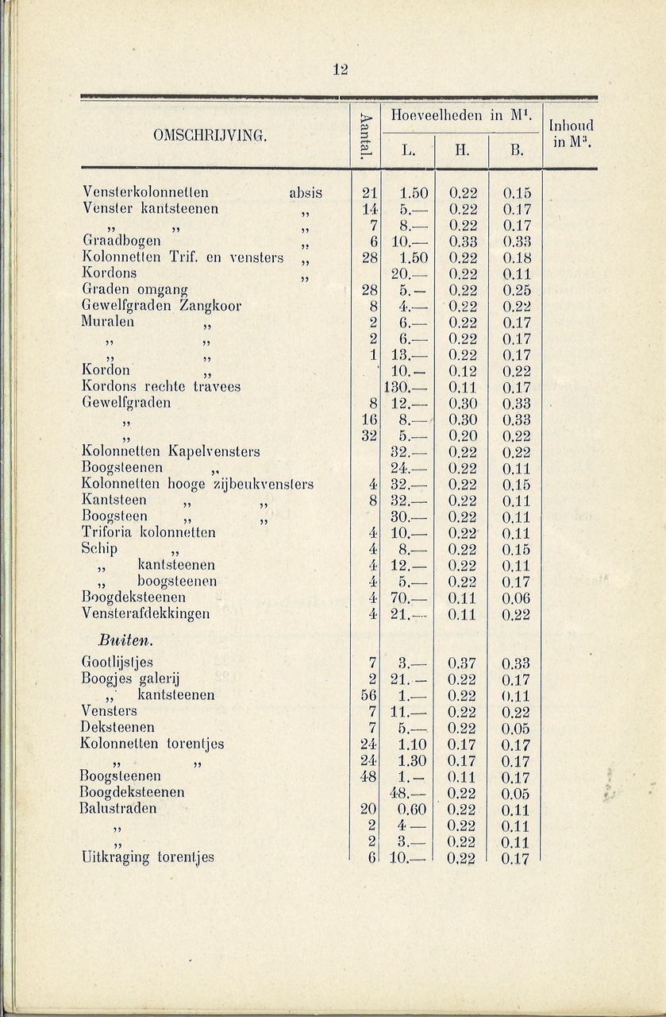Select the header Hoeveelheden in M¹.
click(x=461, y=115)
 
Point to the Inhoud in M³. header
click(x=571, y=133)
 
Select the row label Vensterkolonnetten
click(x=146, y=192)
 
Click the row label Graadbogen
click(x=121, y=241)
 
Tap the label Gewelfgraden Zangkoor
click(x=161, y=306)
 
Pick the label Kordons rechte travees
click(x=161, y=387)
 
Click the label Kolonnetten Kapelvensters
click(x=171, y=452)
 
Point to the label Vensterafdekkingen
click(x=145, y=613)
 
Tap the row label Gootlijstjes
click(x=117, y=663)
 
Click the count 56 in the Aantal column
click(x=367, y=695)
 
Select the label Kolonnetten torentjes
click(x=152, y=744)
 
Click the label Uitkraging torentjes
click(x=148, y=857)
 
